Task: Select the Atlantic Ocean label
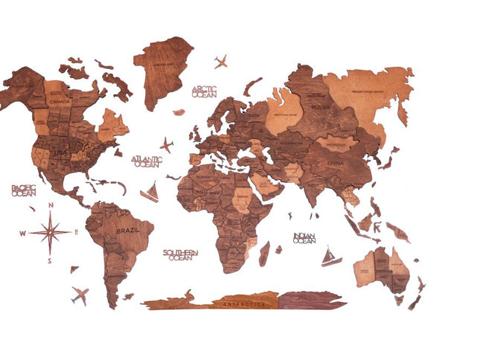[x=146, y=161]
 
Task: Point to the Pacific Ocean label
[x=24, y=190]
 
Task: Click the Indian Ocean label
[x=304, y=238]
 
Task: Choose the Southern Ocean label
[x=180, y=255]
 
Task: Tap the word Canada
[x=60, y=102]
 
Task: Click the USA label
[x=60, y=152]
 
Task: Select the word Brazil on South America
[x=128, y=231]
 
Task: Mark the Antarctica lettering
[x=243, y=303]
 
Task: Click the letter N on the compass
[x=50, y=206]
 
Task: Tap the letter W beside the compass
[x=22, y=233]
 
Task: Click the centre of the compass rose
[x=50, y=232]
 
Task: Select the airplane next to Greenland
[x=220, y=61]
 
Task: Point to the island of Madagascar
[x=264, y=253]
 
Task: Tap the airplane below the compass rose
[x=80, y=295]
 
